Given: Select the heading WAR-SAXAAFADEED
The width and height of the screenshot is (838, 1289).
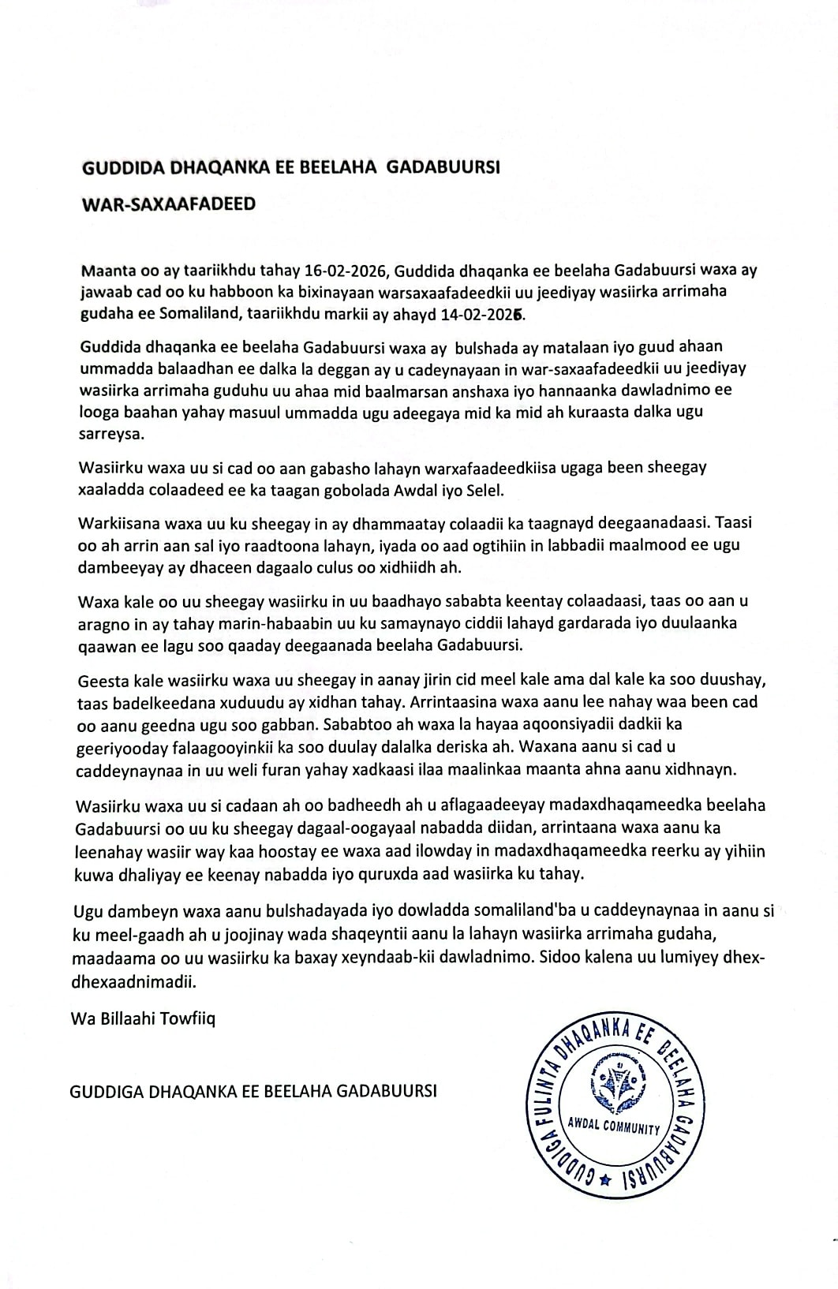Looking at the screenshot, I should click(x=169, y=204).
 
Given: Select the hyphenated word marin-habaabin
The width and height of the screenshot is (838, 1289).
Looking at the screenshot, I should click(x=241, y=623).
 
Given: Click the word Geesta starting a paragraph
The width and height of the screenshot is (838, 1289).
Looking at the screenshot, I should click(x=101, y=679).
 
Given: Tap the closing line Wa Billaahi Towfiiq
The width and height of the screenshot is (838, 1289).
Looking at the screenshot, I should click(x=143, y=1018).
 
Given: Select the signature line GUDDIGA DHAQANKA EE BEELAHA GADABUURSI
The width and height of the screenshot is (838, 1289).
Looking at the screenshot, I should click(x=253, y=1091).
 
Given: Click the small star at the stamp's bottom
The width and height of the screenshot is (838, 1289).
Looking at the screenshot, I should click(x=605, y=1180).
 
